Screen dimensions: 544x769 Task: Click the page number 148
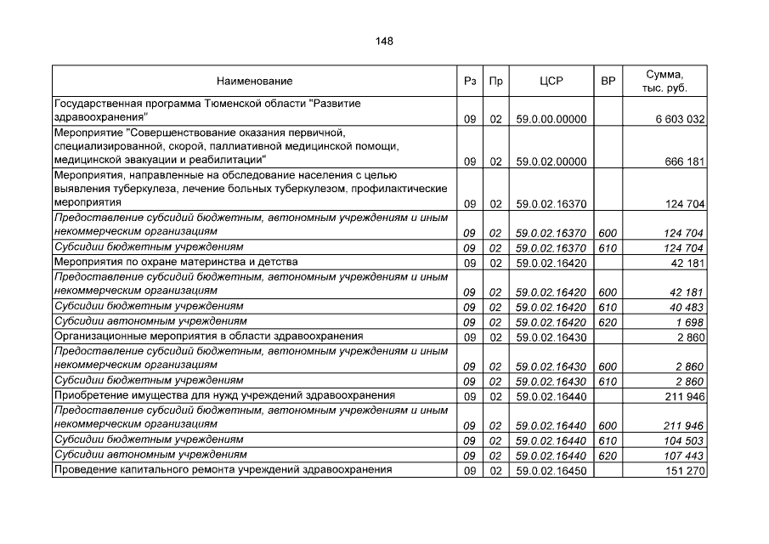pos(384,41)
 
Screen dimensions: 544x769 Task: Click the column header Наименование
pos(254,82)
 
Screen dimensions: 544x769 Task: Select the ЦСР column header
pos(551,82)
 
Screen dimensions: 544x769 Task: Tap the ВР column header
pos(608,82)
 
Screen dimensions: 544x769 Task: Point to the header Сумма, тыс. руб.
pos(664,82)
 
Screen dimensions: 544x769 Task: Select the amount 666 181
pos(685,161)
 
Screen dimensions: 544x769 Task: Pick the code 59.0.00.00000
pos(551,120)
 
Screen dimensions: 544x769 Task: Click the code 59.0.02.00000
pos(551,161)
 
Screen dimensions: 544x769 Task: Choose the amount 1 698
pos(692,322)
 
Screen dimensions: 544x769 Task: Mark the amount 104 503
pos(685,440)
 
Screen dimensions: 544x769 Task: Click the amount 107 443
pos(685,456)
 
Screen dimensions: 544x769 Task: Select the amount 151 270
pos(685,471)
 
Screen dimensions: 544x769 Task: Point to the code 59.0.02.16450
pos(551,471)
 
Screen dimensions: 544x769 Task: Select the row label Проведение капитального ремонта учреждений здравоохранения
pos(223,469)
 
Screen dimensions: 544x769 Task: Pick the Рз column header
pos(470,82)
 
